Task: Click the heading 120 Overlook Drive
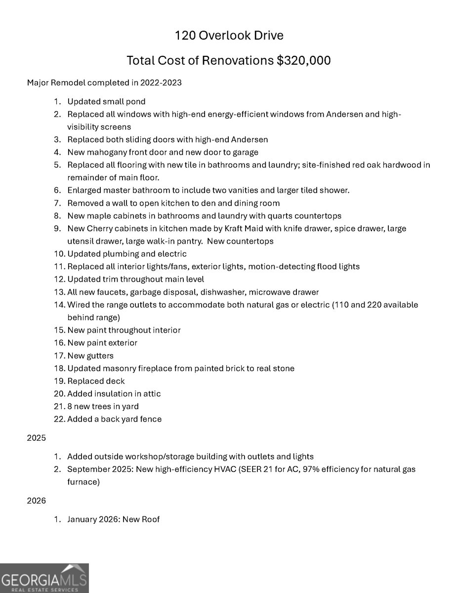tap(229, 36)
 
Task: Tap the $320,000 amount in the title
tap(303, 60)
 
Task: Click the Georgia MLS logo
tap(44, 578)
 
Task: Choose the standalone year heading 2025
tap(36, 438)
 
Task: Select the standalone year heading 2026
tap(36, 501)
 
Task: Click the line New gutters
tap(90, 356)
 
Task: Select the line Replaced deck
tap(96, 381)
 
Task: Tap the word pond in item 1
tap(136, 102)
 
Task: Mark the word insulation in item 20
tap(116, 394)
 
